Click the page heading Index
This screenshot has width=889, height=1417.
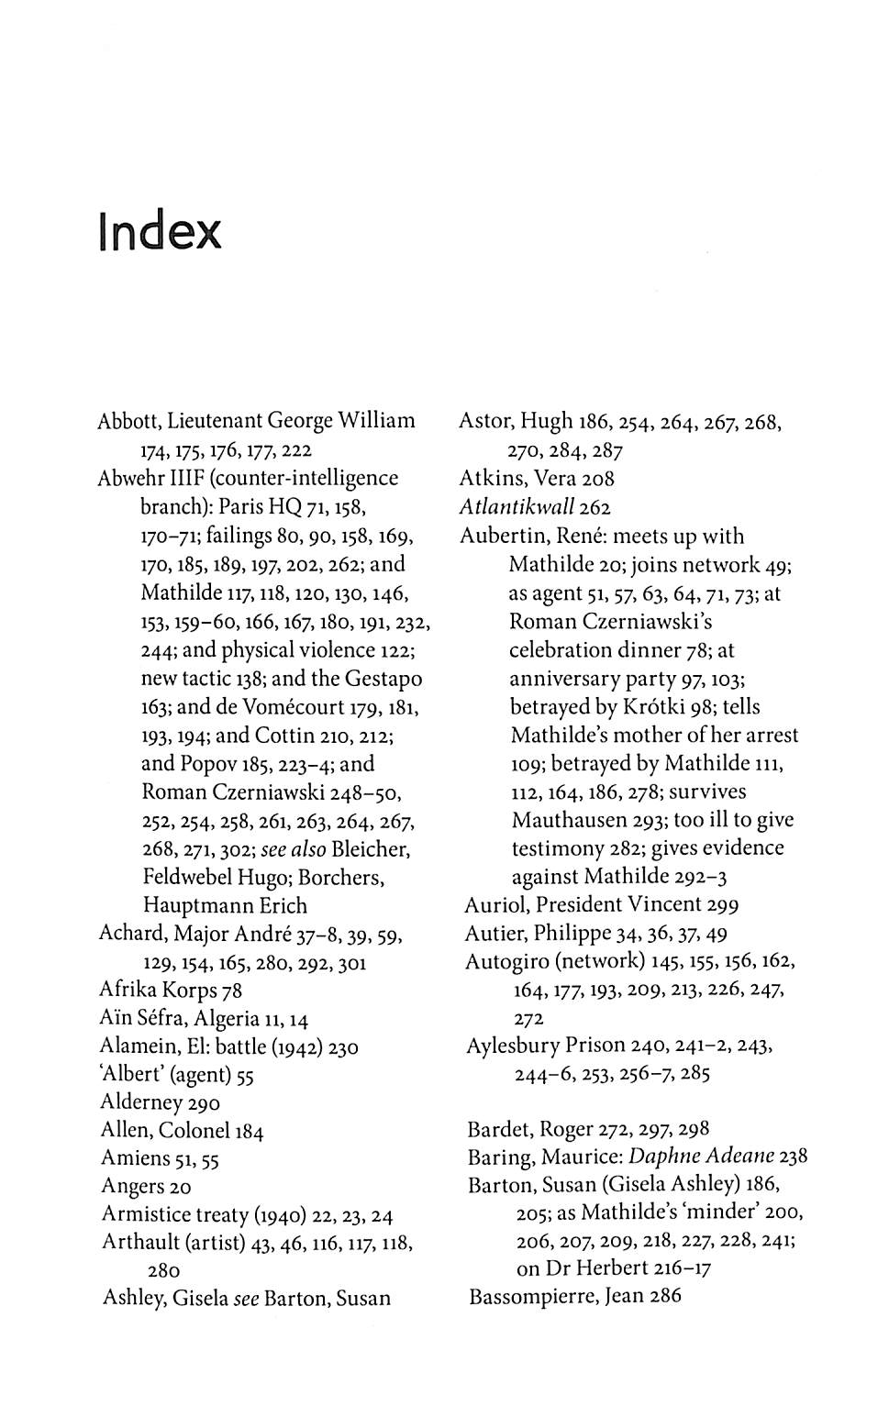click(160, 232)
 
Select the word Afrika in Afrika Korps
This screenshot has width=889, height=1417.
click(128, 991)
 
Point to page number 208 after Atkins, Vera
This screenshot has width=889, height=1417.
click(598, 479)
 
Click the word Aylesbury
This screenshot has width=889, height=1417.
click(512, 1046)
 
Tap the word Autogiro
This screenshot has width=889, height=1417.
click(507, 961)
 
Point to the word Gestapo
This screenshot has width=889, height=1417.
click(383, 679)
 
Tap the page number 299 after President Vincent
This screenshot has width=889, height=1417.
click(723, 905)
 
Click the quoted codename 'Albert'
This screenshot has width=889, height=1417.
click(130, 1075)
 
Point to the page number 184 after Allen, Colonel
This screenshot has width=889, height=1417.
click(249, 1132)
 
